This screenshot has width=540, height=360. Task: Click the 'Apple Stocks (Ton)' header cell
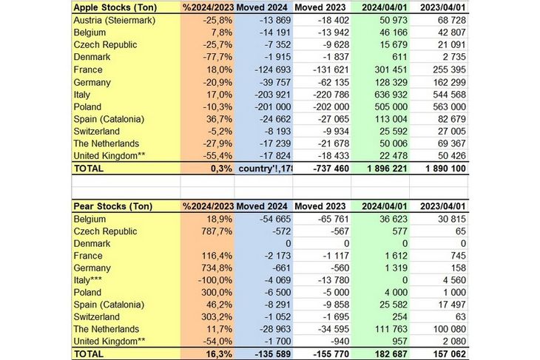tap(115, 7)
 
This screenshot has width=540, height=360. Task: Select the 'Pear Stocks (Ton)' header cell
tap(113, 205)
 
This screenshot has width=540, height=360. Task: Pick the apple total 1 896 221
tap(379, 168)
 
